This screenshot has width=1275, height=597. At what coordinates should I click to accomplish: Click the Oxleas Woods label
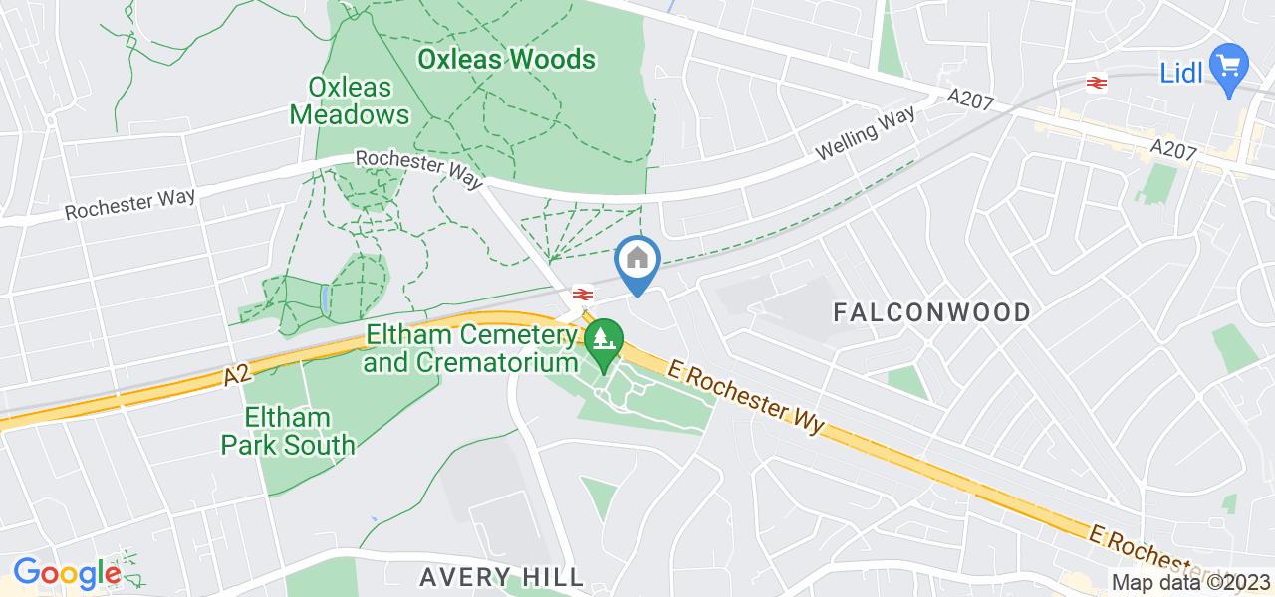pos(506,60)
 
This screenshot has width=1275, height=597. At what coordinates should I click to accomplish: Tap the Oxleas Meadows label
pos(350,100)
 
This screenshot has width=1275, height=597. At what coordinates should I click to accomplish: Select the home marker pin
pos(637,263)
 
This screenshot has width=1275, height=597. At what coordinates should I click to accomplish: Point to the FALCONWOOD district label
pos(931,313)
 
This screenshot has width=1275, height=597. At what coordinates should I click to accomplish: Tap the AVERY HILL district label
pos(501,576)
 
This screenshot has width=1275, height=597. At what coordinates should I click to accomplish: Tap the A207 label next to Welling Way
pos(970,98)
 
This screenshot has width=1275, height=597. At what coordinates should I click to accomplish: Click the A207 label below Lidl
pos(1173,148)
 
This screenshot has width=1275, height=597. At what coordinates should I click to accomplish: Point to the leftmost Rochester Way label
pos(130,203)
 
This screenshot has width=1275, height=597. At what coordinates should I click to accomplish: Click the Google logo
pos(67,573)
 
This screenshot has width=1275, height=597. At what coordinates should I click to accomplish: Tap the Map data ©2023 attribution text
pos(1191,582)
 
